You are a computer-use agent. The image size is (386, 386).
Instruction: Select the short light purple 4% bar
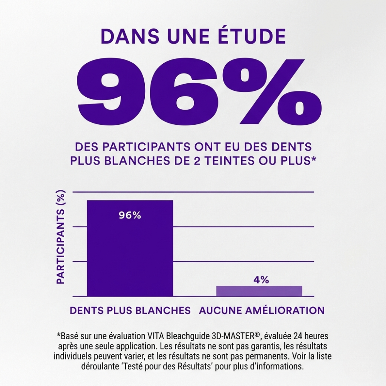(x=259, y=291)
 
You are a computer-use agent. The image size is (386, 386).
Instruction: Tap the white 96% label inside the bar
(x=130, y=215)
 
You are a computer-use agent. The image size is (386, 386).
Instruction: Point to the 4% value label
(x=261, y=280)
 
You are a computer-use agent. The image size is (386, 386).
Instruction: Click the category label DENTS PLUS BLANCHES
(x=130, y=310)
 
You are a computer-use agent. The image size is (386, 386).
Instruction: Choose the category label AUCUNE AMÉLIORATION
(x=261, y=310)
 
